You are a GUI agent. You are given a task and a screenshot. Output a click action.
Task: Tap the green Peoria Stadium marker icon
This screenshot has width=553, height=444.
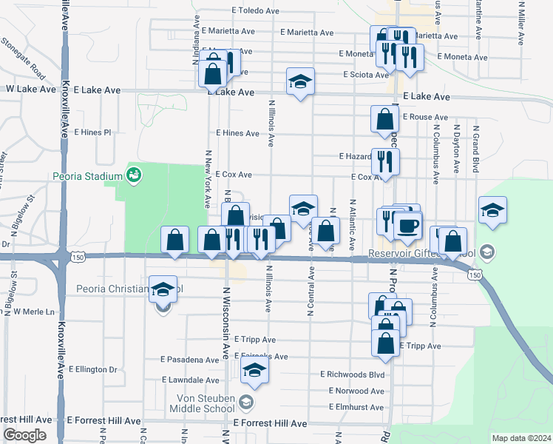pos(135,175)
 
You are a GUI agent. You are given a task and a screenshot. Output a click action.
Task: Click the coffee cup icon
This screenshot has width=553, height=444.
pos(407,225)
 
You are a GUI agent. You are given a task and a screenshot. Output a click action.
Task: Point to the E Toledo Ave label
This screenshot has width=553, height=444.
pos(255,11)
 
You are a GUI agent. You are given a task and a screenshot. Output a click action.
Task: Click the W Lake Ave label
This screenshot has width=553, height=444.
pos(31,89)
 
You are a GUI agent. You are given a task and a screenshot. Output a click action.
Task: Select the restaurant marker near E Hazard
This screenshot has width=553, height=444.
pos(384,161)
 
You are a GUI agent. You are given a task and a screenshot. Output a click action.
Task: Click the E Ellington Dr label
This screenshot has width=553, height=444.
pos(93,369)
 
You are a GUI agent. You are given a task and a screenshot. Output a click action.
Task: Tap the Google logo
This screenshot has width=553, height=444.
pos(24,435)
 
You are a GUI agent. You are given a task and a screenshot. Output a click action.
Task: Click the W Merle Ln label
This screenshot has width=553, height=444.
pos(34,312)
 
